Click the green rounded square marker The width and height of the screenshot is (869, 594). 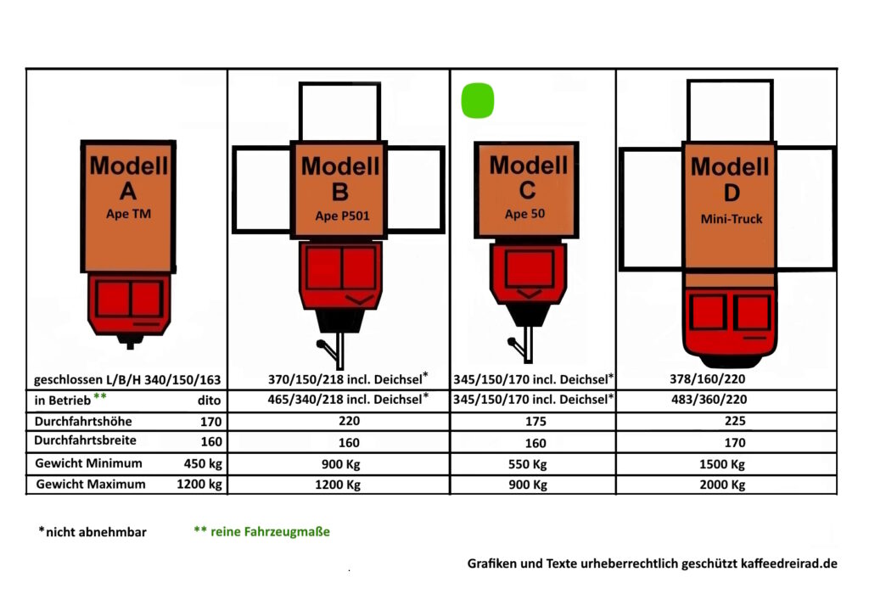478,100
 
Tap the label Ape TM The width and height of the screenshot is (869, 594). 130,214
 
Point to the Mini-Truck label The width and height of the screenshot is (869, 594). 731,219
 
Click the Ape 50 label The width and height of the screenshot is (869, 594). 525,214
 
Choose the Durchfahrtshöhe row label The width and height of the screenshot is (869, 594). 83,420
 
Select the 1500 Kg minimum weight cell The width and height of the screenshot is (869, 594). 725,464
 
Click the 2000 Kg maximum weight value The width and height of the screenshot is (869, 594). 725,485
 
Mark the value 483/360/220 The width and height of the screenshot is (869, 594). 711,398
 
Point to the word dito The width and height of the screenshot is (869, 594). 208,399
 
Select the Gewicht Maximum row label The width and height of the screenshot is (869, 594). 90,484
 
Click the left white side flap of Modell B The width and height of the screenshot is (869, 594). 261,189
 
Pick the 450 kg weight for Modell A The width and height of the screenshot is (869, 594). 203,463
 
